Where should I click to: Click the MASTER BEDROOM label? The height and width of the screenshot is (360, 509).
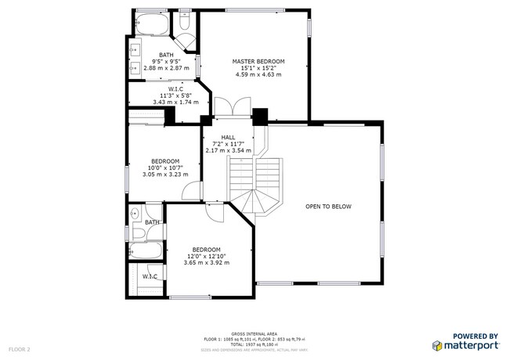[258, 61]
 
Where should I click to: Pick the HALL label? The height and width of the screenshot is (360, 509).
[228, 137]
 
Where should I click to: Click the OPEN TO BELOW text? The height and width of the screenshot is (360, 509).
[328, 207]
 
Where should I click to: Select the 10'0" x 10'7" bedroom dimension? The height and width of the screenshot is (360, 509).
[165, 167]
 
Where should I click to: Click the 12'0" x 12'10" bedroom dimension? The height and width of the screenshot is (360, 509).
[207, 256]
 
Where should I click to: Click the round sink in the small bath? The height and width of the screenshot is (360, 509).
[134, 213]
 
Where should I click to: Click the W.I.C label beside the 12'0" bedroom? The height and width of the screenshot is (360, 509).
[149, 276]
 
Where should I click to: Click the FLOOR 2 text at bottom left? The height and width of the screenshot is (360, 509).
[20, 348]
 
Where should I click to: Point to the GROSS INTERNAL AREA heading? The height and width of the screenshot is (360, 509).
[254, 332]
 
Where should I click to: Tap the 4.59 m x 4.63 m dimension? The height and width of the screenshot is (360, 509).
[258, 74]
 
